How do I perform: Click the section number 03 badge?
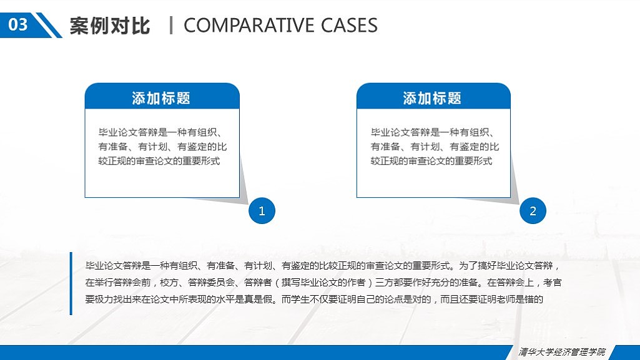[18, 25]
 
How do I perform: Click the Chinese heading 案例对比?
[110, 26]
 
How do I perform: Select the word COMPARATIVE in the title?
[249, 26]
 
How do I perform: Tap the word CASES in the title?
[349, 26]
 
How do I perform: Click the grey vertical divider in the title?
[171, 26]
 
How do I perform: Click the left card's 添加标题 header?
[161, 98]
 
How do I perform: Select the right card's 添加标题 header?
[433, 98]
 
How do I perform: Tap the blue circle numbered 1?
[262, 211]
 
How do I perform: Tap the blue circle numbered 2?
[533, 211]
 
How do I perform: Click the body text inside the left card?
[161, 147]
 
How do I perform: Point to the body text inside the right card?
[433, 147]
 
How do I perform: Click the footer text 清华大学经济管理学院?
[562, 352]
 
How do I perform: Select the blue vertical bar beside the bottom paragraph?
[71, 283]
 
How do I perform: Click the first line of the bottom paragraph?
[318, 265]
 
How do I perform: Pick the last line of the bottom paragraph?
[315, 299]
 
